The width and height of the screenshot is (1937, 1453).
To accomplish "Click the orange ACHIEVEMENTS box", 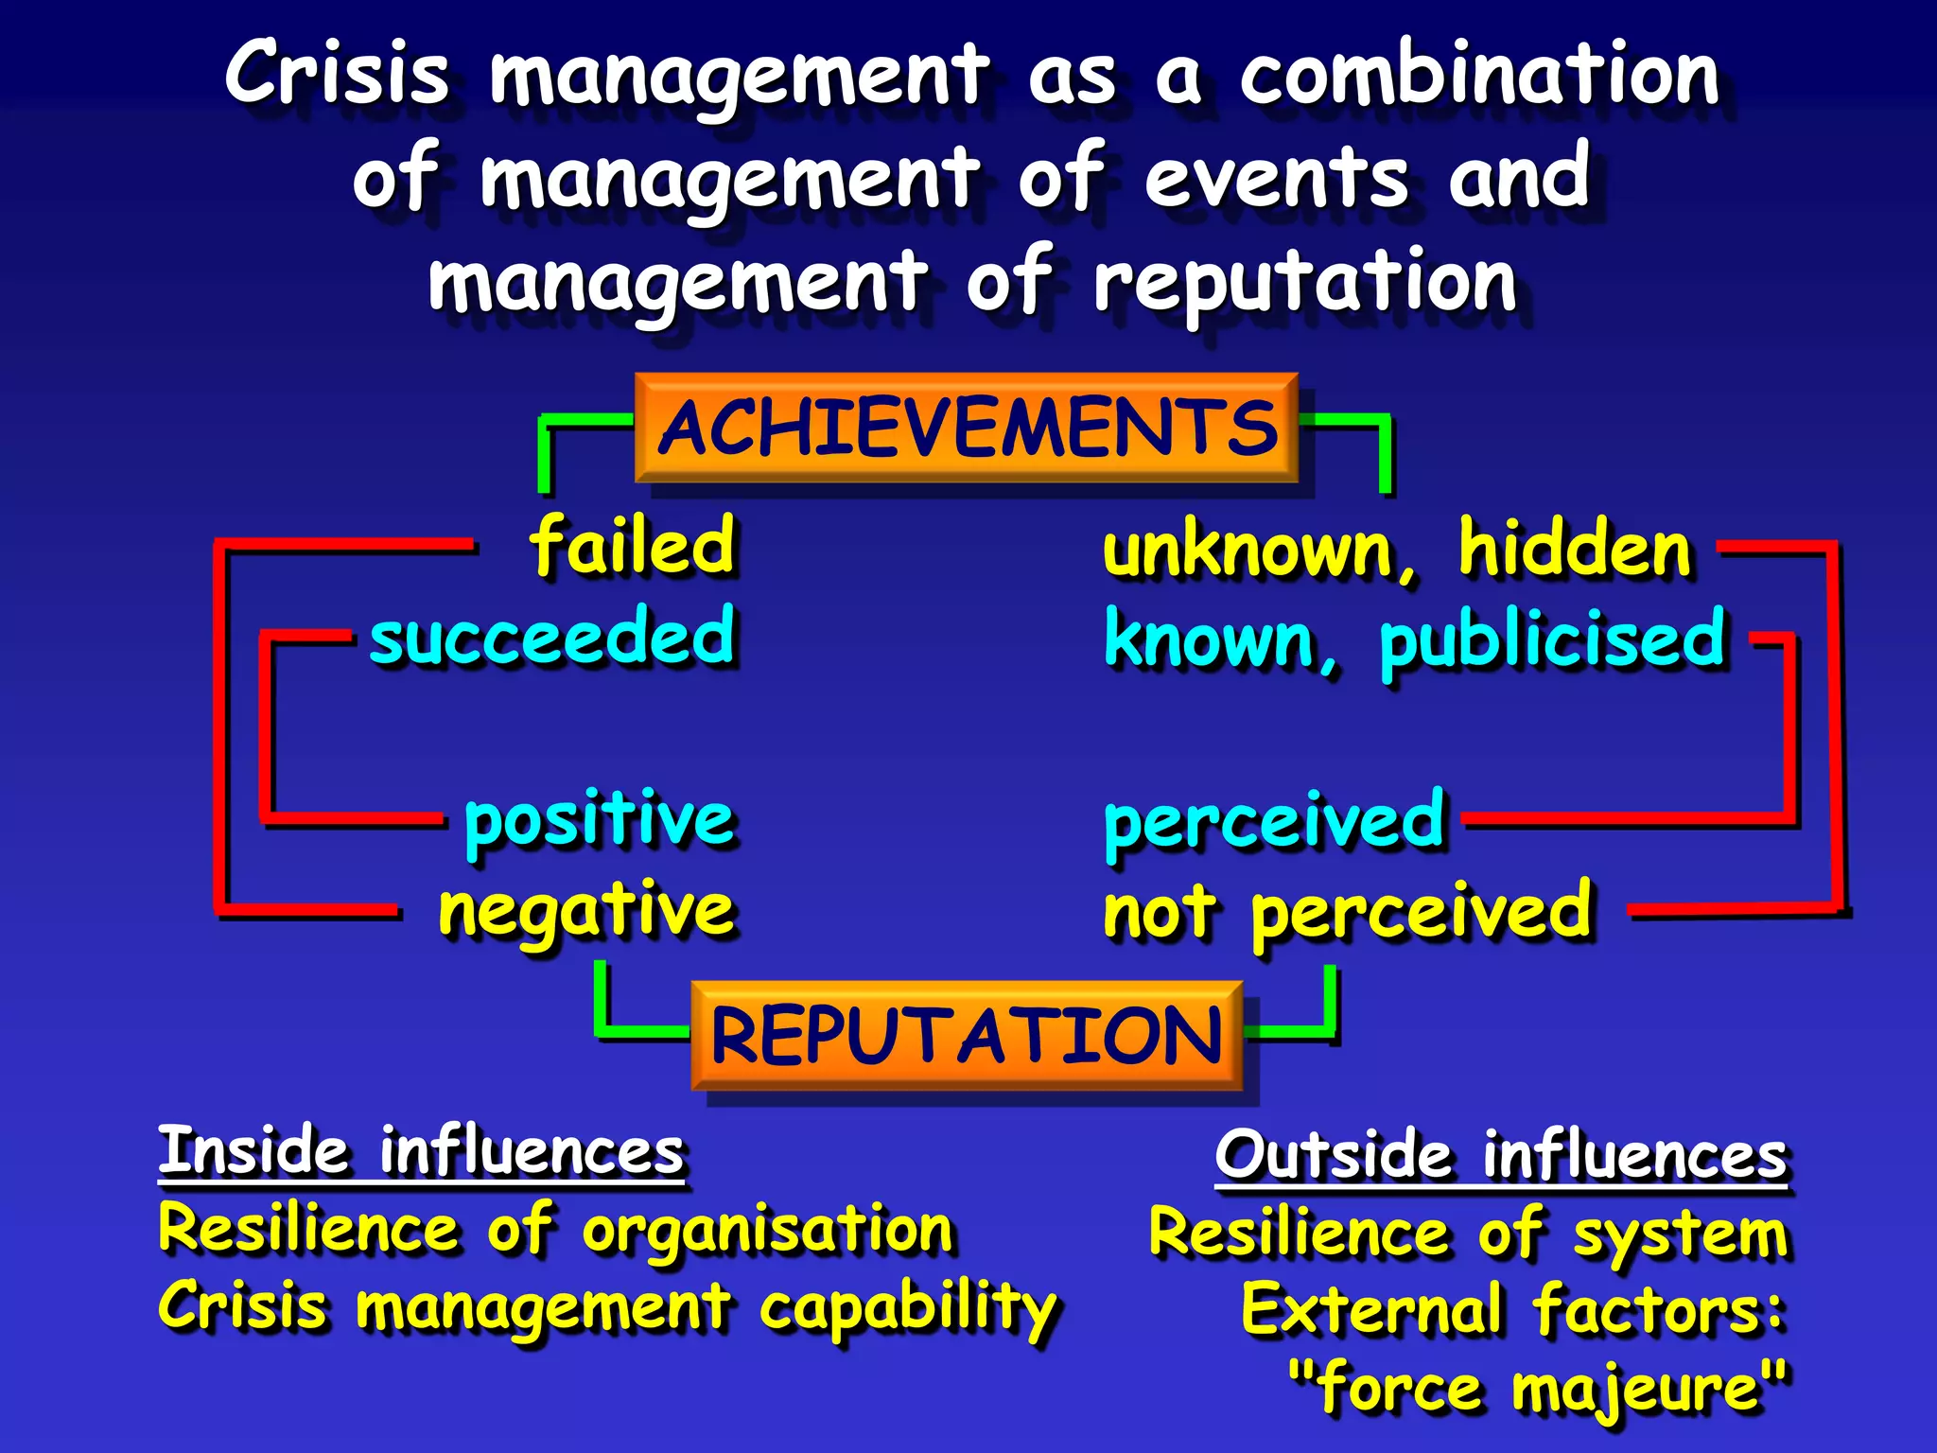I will coord(966,428).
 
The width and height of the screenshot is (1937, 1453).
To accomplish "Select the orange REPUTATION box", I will coord(966,1035).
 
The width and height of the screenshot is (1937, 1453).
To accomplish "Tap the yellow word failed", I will coord(632,546).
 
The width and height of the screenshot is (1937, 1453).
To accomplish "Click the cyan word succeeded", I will coord(551,637).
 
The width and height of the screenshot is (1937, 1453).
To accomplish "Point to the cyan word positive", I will coord(599,820).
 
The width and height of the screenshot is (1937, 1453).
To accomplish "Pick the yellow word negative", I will coord(586,911).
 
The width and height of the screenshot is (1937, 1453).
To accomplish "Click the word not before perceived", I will coord(1160,913).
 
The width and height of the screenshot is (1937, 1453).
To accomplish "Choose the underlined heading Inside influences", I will coord(421,1151).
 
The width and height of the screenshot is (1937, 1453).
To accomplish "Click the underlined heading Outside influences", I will coord(1501,1155).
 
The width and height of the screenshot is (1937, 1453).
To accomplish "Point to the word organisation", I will coord(767,1231).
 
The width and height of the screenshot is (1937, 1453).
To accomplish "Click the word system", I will coord(1680,1235).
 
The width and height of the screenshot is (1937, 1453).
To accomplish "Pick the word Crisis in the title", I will coord(337,74).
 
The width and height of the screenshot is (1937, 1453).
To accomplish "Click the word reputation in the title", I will coord(1305,282).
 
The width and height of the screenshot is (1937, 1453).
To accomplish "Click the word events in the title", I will coord(1277,178).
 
